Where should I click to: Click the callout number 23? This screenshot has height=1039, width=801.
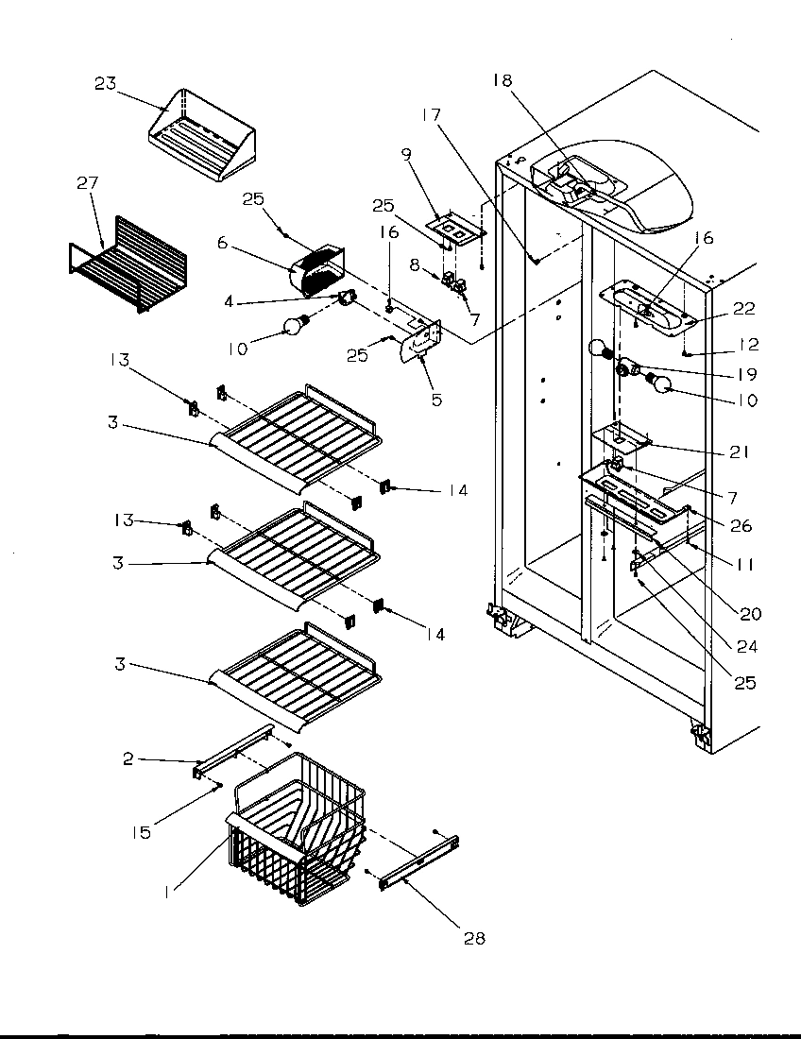pyautogui.click(x=105, y=84)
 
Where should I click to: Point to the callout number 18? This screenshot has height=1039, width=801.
pyautogui.click(x=502, y=80)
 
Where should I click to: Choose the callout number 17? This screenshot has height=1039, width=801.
pyautogui.click(x=431, y=115)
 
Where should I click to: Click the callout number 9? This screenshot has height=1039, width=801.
pyautogui.click(x=406, y=153)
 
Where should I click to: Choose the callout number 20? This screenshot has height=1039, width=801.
pyautogui.click(x=750, y=613)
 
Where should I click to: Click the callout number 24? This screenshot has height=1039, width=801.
pyautogui.click(x=746, y=647)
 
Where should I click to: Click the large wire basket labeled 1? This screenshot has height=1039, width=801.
pyautogui.click(x=298, y=831)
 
